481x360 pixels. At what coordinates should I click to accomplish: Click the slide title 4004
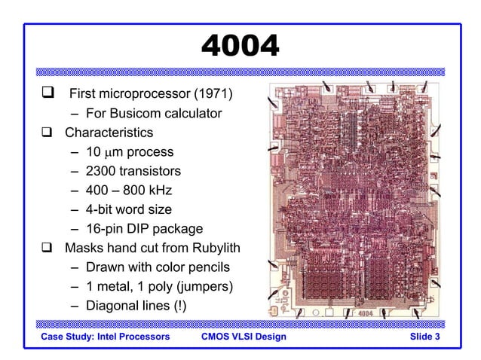[240, 47]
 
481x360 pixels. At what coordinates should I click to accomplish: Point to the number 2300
[102, 171]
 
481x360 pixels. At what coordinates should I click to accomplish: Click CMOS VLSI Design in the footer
[244, 336]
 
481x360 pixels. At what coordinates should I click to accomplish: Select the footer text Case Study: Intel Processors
[106, 336]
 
